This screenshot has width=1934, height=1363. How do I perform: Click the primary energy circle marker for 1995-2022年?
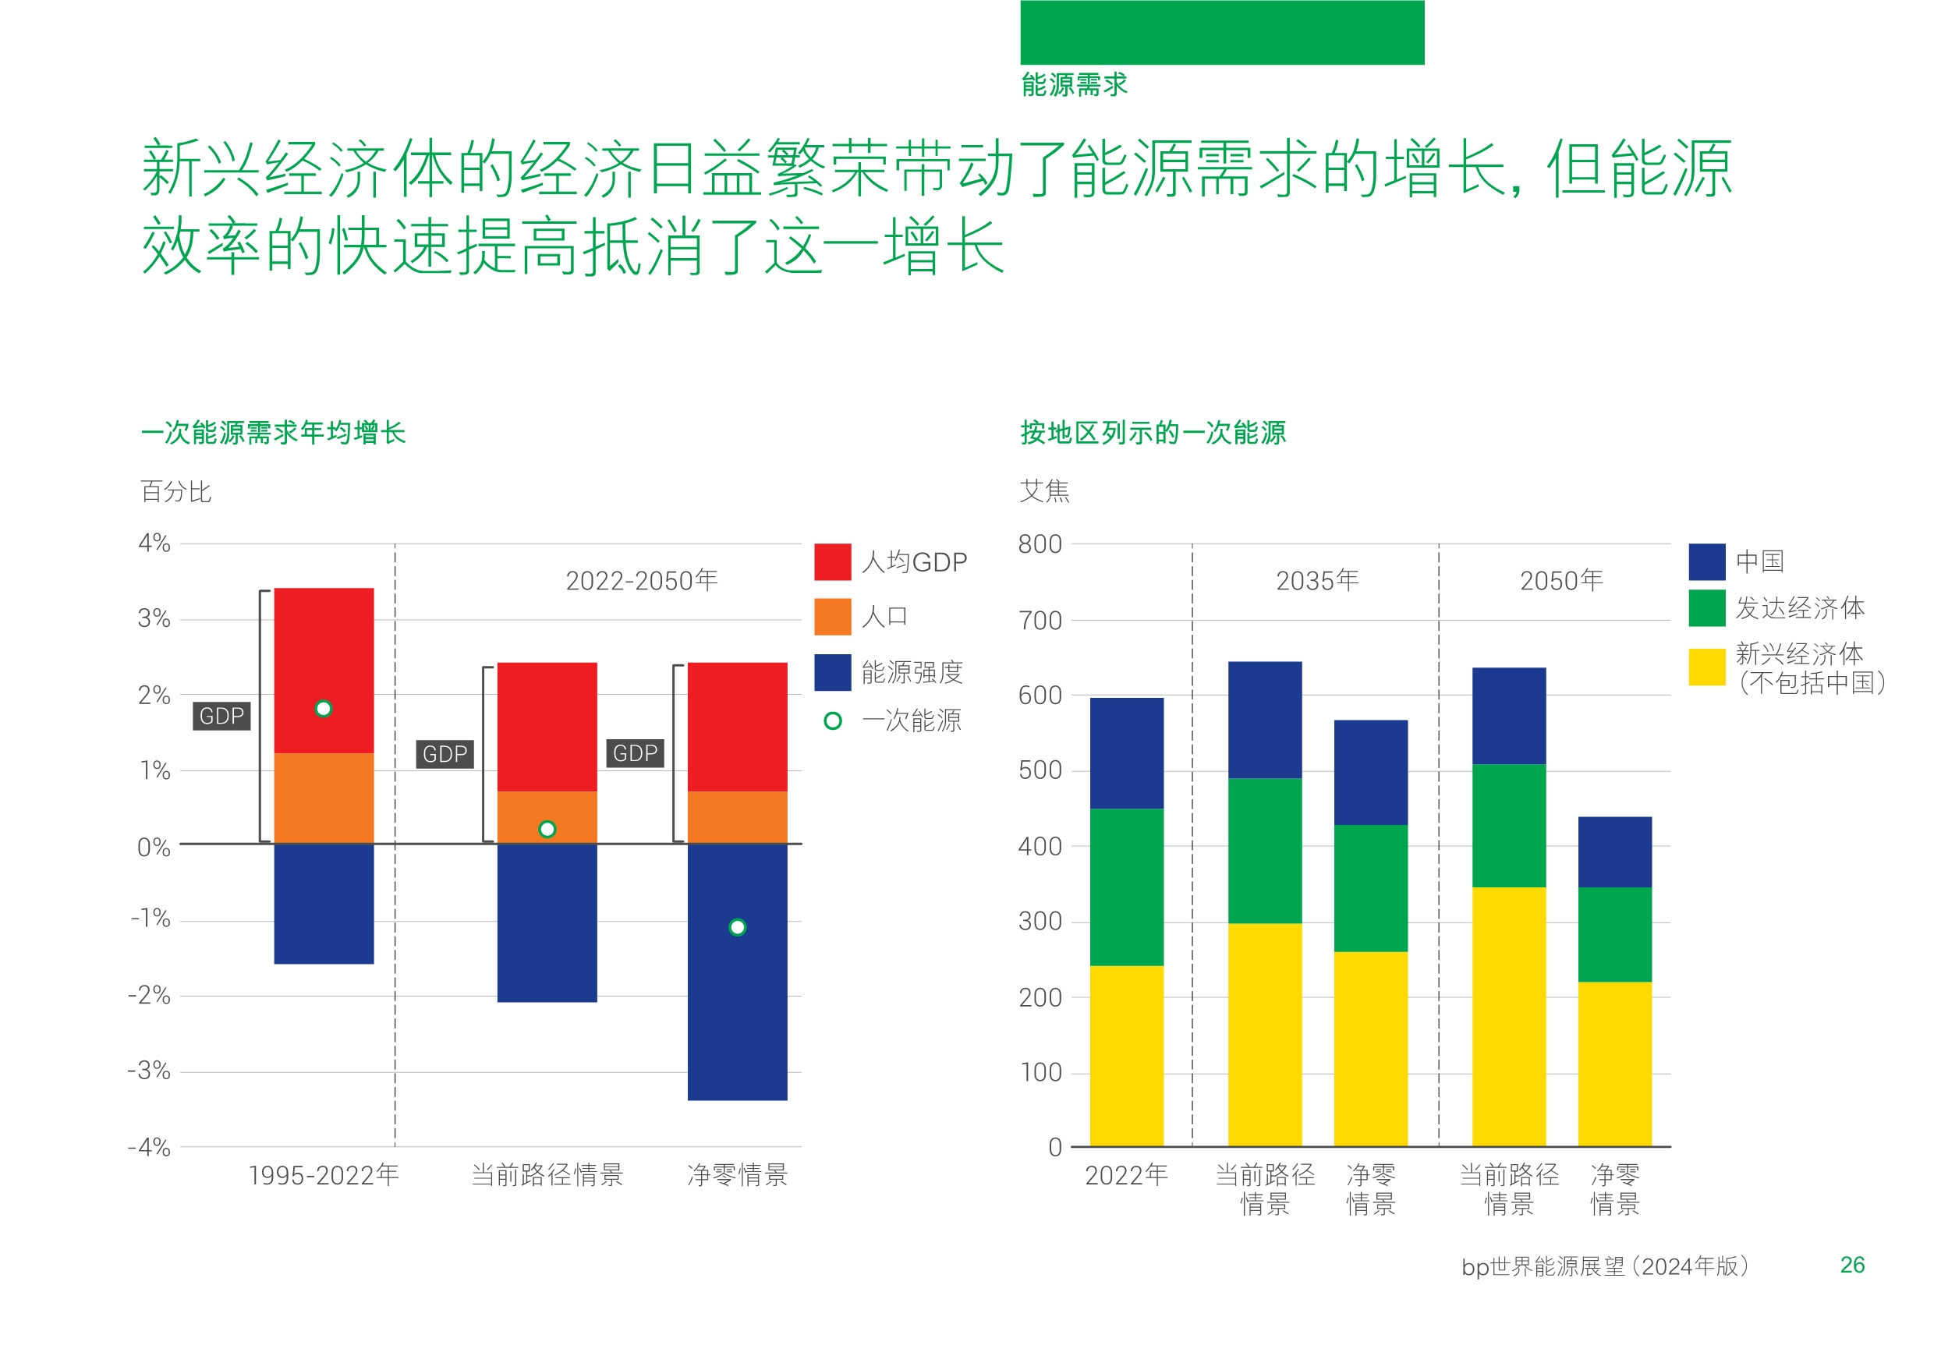[x=324, y=710]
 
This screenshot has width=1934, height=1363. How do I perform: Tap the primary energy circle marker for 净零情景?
[x=737, y=927]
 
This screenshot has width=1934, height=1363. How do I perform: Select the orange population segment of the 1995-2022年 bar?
[x=324, y=798]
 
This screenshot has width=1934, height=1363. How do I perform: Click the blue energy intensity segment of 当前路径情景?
[x=547, y=922]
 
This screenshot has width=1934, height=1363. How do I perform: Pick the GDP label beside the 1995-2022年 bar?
[x=221, y=716]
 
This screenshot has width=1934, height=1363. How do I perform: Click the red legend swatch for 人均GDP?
[x=832, y=562]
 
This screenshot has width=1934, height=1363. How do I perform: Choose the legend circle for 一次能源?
[x=832, y=721]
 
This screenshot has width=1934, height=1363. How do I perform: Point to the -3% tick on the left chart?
[x=149, y=1071]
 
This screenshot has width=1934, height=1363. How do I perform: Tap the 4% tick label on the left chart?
[x=154, y=543]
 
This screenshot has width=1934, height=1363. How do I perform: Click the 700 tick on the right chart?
[x=1040, y=621]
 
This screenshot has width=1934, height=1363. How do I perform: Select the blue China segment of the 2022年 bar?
[x=1126, y=753]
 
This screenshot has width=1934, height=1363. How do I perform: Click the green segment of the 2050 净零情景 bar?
[x=1614, y=934]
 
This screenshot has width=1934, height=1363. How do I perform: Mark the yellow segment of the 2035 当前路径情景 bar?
[x=1264, y=1035]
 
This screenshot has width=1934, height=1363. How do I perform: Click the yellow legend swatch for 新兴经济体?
[x=1706, y=667]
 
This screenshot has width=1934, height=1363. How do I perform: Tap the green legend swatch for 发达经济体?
[x=1706, y=608]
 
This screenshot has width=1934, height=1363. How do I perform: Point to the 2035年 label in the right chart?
[x=1317, y=580]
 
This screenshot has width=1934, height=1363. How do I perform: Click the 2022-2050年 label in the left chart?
[x=642, y=580]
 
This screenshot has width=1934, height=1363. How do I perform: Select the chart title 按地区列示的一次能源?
[x=1153, y=433]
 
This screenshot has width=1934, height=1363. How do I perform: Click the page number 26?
[x=1851, y=1266]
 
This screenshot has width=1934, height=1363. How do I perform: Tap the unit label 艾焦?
[x=1044, y=491]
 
